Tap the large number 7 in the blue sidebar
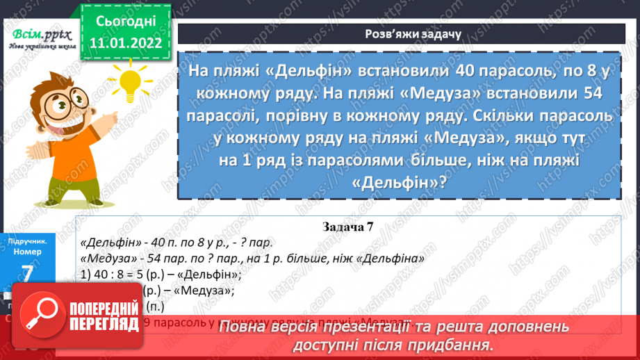[x=28, y=274]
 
